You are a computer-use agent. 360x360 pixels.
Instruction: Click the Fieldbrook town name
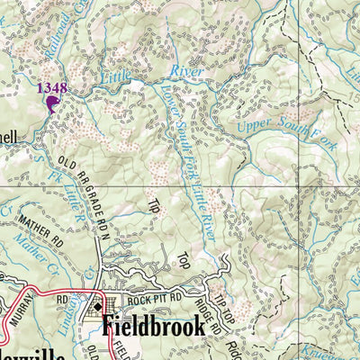pyautogui.click(x=152, y=325)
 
